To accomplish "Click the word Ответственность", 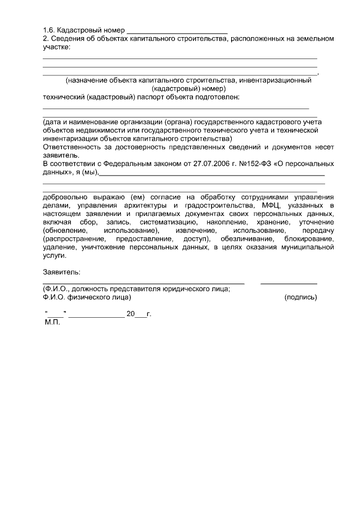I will (x=69, y=147).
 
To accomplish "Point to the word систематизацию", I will (x=165, y=222).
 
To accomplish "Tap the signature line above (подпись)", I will (x=289, y=283).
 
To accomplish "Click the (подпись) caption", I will (x=301, y=296).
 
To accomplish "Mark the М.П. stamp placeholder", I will (x=52, y=323).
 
